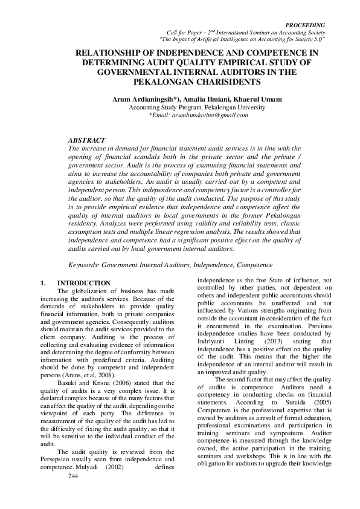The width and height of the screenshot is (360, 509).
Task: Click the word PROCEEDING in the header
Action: click(x=308, y=25)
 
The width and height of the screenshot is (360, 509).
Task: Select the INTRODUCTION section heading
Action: click(x=83, y=283)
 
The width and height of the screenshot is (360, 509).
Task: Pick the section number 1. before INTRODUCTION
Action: click(x=42, y=283)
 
